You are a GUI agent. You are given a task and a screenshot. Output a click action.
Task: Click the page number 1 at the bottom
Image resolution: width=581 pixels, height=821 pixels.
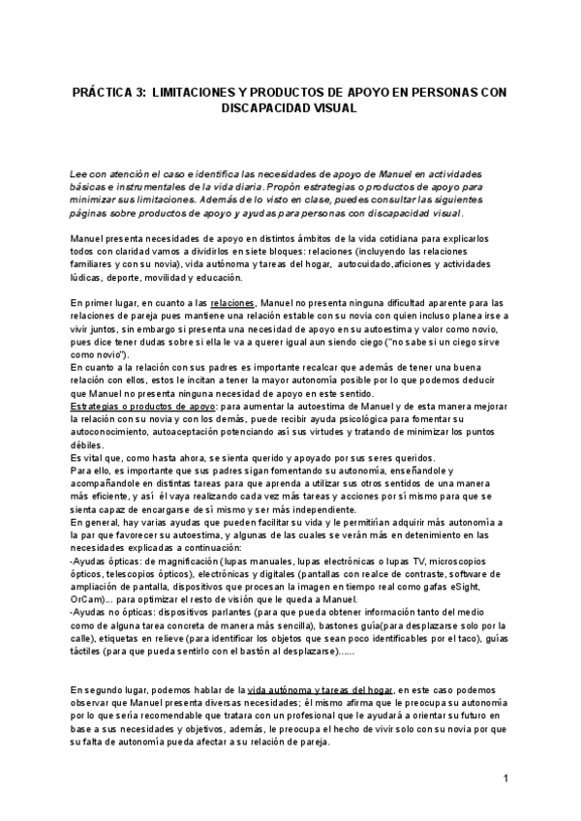[506, 778]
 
